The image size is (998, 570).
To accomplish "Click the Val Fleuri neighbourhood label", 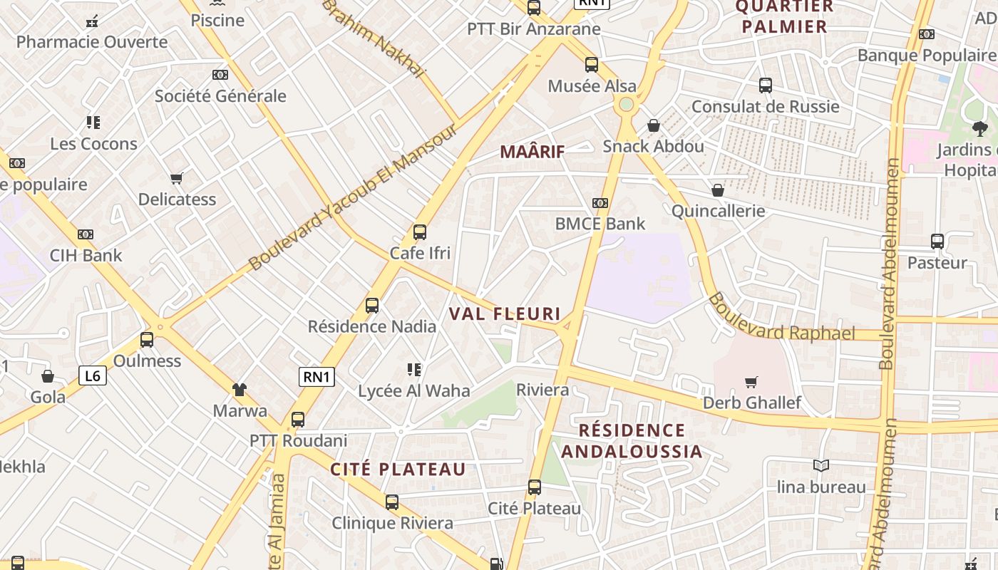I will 505,313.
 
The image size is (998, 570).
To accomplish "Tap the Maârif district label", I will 532,152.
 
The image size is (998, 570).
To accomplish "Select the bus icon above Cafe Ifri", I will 420,232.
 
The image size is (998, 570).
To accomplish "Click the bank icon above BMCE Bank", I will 600,203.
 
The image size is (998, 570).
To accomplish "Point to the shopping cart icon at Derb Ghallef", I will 751,382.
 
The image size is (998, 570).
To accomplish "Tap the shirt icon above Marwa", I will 240,389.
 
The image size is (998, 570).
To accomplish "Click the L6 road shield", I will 93,375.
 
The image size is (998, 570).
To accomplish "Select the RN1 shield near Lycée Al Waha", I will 317,377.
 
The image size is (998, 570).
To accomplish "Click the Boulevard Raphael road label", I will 781,318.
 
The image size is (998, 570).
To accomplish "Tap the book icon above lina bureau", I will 821,465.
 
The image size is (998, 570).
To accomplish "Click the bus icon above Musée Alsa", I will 592,65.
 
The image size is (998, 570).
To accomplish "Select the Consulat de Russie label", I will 766,107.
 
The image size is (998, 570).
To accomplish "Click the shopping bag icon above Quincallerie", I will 718,190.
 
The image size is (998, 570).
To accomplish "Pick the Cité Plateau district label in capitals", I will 398,470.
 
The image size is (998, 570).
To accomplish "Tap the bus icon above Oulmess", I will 147,339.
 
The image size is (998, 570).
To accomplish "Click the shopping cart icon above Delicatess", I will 177,178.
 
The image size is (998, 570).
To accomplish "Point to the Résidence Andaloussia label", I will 632,441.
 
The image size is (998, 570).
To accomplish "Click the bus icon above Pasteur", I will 937,242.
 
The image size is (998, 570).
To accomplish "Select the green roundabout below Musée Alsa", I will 626,105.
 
